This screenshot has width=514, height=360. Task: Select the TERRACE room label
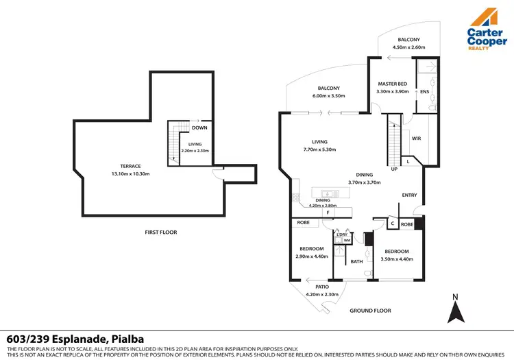pos(130,166)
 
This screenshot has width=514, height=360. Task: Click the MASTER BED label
pos(393,84)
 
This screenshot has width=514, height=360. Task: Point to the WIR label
pos(416,139)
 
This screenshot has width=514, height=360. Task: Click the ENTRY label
pos(409,195)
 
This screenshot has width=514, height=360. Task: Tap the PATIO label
pos(322,287)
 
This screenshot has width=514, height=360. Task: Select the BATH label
pos(357,261)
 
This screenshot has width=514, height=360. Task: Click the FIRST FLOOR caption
pos(160,232)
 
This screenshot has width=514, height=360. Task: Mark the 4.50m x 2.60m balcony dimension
pos(409,47)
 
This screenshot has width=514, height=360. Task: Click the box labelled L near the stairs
pos(408,161)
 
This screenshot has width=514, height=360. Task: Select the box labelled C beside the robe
pos(391,224)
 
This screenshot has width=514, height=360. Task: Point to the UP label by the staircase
pos(393,169)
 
